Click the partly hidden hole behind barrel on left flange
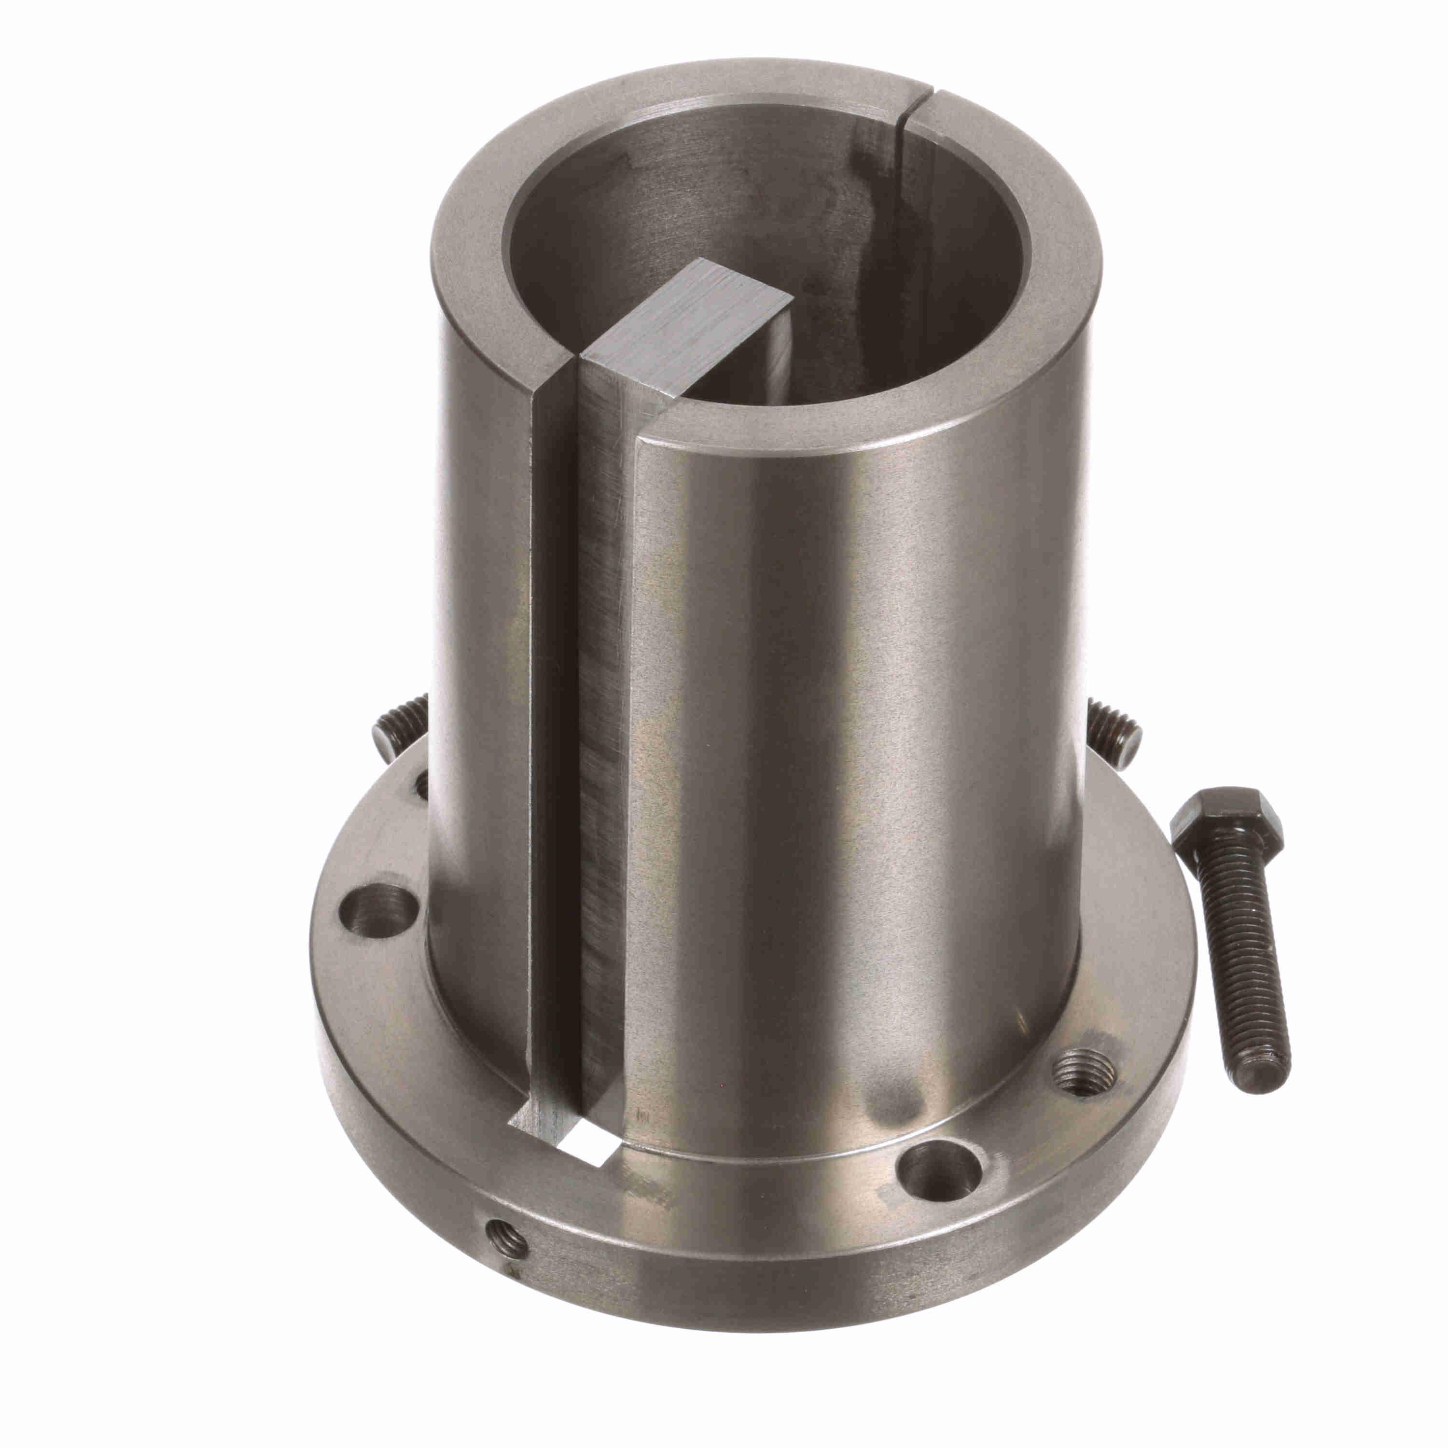click(x=422, y=783)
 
